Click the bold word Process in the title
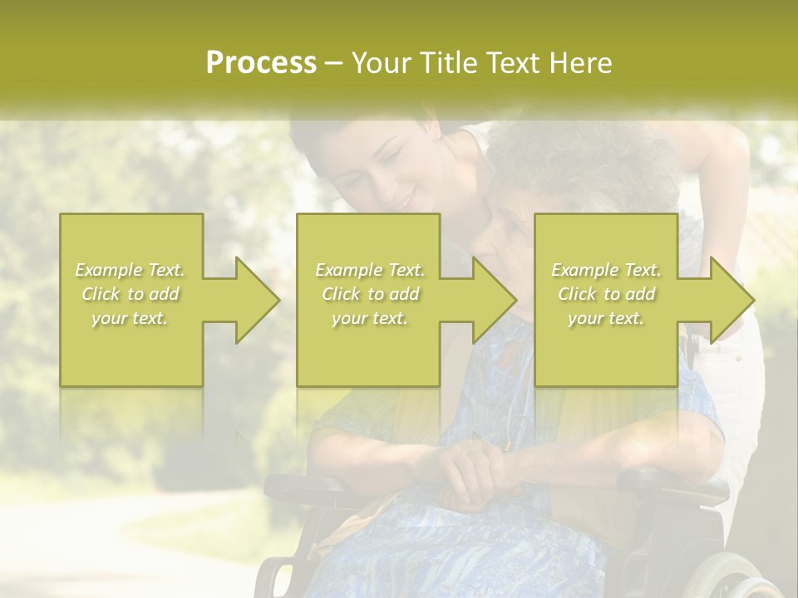click(261, 63)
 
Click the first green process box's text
click(131, 294)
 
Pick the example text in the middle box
click(369, 294)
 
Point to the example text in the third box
click(606, 294)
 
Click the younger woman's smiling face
click(386, 179)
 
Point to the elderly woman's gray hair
click(582, 158)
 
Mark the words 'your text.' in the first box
click(131, 318)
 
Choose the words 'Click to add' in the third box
click(606, 294)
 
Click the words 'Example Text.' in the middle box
click(369, 270)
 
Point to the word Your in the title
click(380, 63)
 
